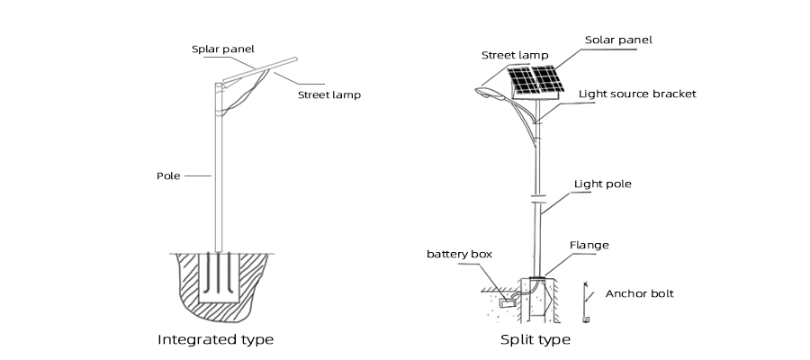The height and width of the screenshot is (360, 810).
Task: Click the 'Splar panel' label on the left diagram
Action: tap(222, 49)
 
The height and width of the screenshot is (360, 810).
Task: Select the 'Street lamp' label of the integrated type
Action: tap(329, 94)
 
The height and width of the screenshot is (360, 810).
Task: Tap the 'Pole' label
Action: tap(169, 175)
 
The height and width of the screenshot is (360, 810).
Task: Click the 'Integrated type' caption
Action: tap(215, 340)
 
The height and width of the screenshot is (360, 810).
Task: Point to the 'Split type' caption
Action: tap(535, 340)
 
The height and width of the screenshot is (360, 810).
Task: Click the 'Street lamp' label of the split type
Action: tap(515, 55)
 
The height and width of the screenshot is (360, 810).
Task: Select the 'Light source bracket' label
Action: tap(636, 94)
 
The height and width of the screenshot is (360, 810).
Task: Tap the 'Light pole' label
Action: tap(602, 184)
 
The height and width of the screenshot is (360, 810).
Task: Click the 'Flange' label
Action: tap(589, 245)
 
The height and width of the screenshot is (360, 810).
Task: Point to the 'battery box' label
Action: tap(459, 254)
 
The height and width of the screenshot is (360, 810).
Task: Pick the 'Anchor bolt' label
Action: tap(639, 293)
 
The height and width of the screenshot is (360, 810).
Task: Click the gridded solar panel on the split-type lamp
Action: tap(537, 82)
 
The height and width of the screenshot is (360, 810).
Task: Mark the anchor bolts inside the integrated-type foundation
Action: tap(218, 274)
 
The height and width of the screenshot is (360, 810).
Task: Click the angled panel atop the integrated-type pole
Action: tap(262, 67)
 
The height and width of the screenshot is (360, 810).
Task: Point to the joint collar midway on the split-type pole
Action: tap(537, 195)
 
